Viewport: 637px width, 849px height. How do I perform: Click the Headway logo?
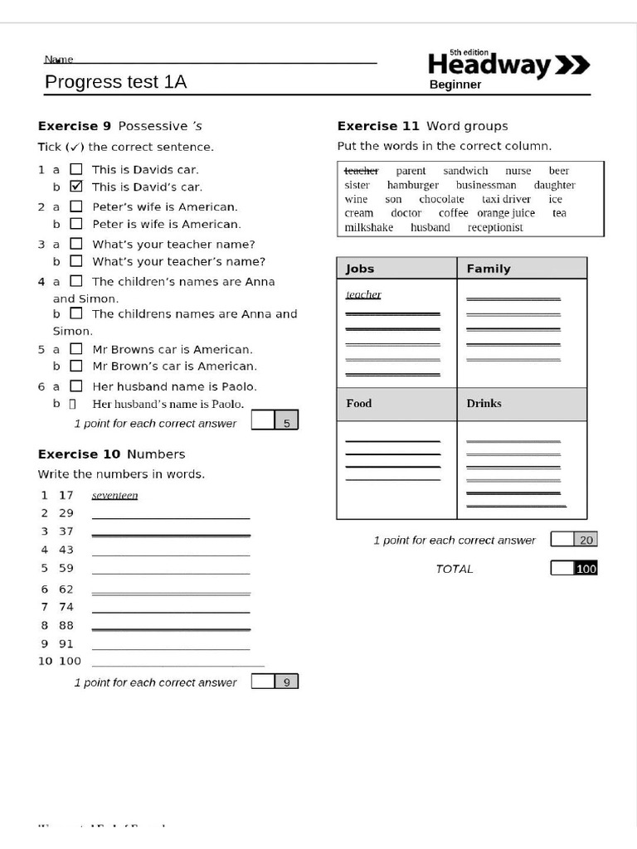[508, 65]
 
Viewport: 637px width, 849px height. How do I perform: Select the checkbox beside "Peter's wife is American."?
[76, 206]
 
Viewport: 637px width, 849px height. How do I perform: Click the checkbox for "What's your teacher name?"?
[76, 244]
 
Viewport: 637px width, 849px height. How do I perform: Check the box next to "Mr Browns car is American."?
[76, 349]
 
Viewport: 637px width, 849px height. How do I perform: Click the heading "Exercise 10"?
[80, 454]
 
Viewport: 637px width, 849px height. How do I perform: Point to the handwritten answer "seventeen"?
[114, 496]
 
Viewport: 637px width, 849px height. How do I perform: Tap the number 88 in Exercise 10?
[66, 626]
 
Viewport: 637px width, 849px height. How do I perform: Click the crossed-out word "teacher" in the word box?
[362, 171]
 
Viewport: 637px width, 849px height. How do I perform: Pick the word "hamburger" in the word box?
[412, 185]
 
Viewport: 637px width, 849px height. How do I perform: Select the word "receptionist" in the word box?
[495, 227]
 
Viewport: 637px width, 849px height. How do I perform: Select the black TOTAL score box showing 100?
[586, 569]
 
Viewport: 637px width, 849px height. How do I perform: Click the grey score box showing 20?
[586, 540]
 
